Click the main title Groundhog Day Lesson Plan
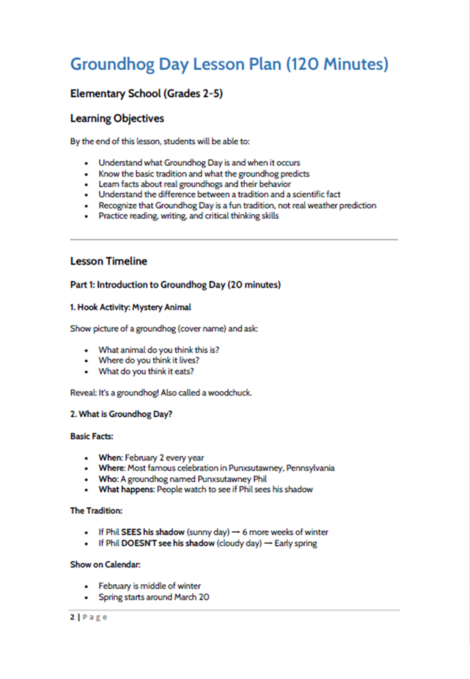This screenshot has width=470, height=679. point(228,65)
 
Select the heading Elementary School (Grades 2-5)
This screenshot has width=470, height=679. point(146,94)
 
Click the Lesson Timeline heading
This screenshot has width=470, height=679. point(108,261)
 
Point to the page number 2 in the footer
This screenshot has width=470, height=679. point(72,618)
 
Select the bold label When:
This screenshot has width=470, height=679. point(110,458)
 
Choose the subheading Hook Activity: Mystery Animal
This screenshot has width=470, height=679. point(131,307)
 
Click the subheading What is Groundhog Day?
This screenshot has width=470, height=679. point(121,414)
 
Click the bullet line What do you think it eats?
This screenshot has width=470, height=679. point(146,371)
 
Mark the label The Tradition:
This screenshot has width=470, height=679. point(96,511)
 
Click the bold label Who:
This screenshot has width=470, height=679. point(108,479)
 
